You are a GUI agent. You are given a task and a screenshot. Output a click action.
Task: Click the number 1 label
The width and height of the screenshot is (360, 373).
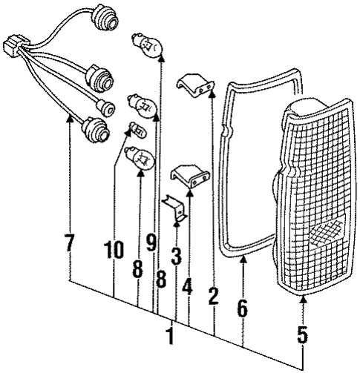(x=170, y=335)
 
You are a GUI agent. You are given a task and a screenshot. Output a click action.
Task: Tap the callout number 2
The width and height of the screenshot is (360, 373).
(x=213, y=297)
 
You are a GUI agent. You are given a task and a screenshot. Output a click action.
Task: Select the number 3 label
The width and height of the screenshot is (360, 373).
(x=175, y=257)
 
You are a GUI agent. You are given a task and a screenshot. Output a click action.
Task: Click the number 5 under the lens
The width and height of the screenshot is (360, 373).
(x=302, y=335)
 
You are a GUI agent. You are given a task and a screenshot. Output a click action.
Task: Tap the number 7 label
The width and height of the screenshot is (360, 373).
(x=69, y=243)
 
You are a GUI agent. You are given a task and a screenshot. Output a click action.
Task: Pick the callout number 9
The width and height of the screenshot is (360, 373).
(x=152, y=242)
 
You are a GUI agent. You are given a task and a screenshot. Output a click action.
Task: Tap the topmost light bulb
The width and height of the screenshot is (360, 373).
(x=147, y=47)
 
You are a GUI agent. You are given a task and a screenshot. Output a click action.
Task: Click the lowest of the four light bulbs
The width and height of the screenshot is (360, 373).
(x=142, y=157)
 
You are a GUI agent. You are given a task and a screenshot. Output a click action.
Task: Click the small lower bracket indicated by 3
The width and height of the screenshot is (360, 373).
(x=175, y=209)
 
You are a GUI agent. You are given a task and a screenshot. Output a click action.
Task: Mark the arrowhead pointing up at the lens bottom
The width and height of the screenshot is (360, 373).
(x=303, y=298)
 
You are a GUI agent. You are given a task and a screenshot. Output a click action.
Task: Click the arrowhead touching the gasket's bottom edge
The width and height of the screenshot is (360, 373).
(x=243, y=259)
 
